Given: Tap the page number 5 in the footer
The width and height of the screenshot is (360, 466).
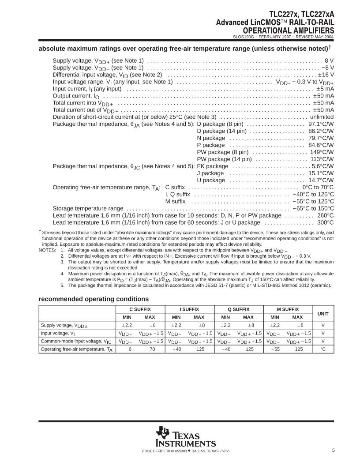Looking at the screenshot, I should click(334, 450).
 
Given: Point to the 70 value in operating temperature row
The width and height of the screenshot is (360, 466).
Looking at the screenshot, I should click(150, 349).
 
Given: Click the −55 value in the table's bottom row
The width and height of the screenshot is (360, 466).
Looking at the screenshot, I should click(275, 349).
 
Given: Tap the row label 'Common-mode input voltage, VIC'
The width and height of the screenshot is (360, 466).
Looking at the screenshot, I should click(76, 341).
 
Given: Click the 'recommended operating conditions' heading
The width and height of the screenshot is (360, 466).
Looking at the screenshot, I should click(94, 299).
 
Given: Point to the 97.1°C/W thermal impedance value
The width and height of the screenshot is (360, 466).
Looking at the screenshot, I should click(321, 124).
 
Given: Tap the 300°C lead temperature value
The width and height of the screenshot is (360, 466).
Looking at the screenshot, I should click(325, 222).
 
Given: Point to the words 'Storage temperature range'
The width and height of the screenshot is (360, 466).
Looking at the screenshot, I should click(88, 208).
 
